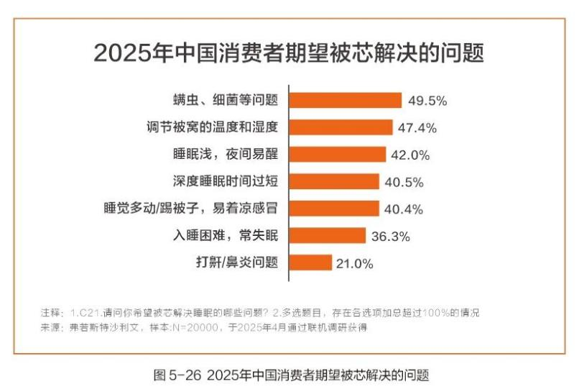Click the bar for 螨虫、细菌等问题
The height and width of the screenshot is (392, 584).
coord(345,100)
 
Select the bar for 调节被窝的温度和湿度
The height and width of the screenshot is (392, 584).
coord(340,127)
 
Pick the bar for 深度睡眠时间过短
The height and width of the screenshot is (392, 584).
coord(334,181)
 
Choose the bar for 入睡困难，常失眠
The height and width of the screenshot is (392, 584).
coord(328,235)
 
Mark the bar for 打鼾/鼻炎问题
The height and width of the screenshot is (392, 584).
coord(310,263)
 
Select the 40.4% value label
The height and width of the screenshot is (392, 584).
coord(403,209)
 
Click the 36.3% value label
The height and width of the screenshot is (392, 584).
coord(390,236)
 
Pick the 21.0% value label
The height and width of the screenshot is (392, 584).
coord(354,263)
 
